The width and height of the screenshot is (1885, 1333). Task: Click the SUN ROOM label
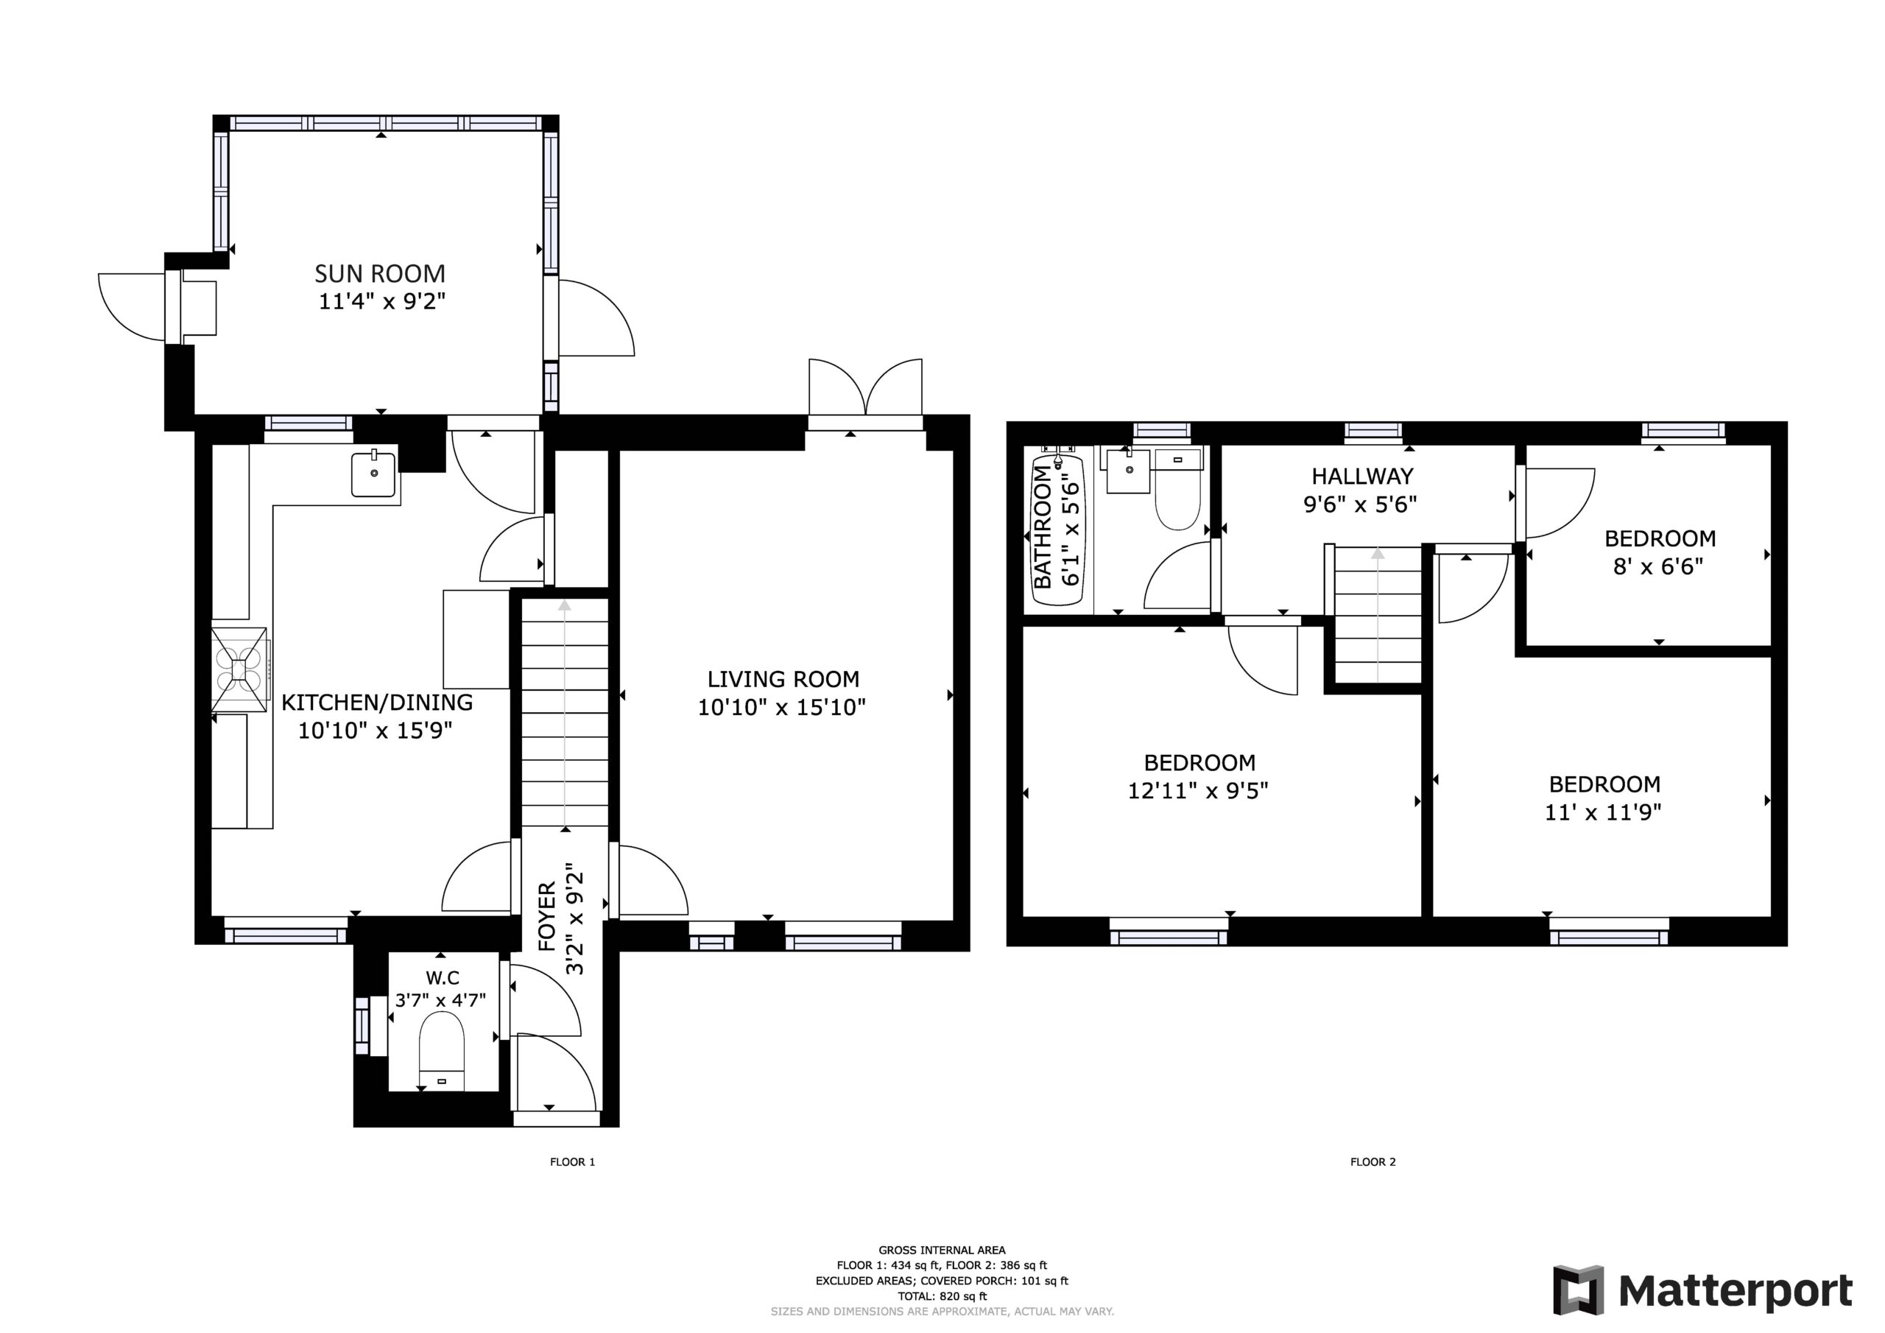pos(380,272)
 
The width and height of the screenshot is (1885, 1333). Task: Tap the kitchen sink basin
pos(373,475)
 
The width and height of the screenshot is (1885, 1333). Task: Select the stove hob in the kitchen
pos(240,669)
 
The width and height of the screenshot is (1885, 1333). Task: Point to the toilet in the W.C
pos(442,1050)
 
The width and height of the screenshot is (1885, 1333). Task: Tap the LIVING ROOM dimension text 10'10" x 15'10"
pos(783,707)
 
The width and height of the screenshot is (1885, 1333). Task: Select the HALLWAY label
pos(1362,476)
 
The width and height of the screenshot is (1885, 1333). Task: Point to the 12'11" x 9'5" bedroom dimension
pos(1199,791)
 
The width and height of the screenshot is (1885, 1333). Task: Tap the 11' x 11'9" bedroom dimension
pos(1604,812)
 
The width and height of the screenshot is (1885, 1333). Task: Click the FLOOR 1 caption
pos(572,1162)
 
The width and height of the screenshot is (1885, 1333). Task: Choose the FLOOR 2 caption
pos(1373,1162)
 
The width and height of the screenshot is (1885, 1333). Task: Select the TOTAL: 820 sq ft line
pos(942,1297)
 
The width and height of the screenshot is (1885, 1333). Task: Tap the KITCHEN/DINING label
pos(377,703)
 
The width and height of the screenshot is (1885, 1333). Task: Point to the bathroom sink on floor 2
pos(1129,471)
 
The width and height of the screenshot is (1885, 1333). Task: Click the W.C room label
pos(442,978)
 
